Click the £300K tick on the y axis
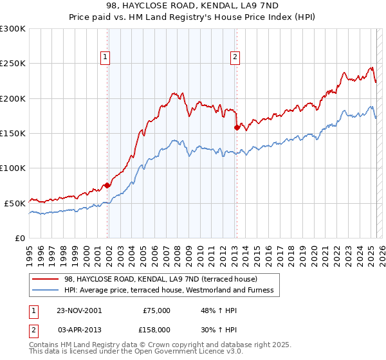[x=13, y=29]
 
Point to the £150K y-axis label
[x=13, y=133]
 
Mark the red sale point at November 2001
[x=107, y=185]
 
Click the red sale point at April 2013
[x=237, y=127]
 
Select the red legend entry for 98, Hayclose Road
[x=161, y=279]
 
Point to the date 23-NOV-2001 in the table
[x=78, y=310]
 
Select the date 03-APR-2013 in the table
[x=78, y=329]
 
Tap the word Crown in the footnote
[x=156, y=345]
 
